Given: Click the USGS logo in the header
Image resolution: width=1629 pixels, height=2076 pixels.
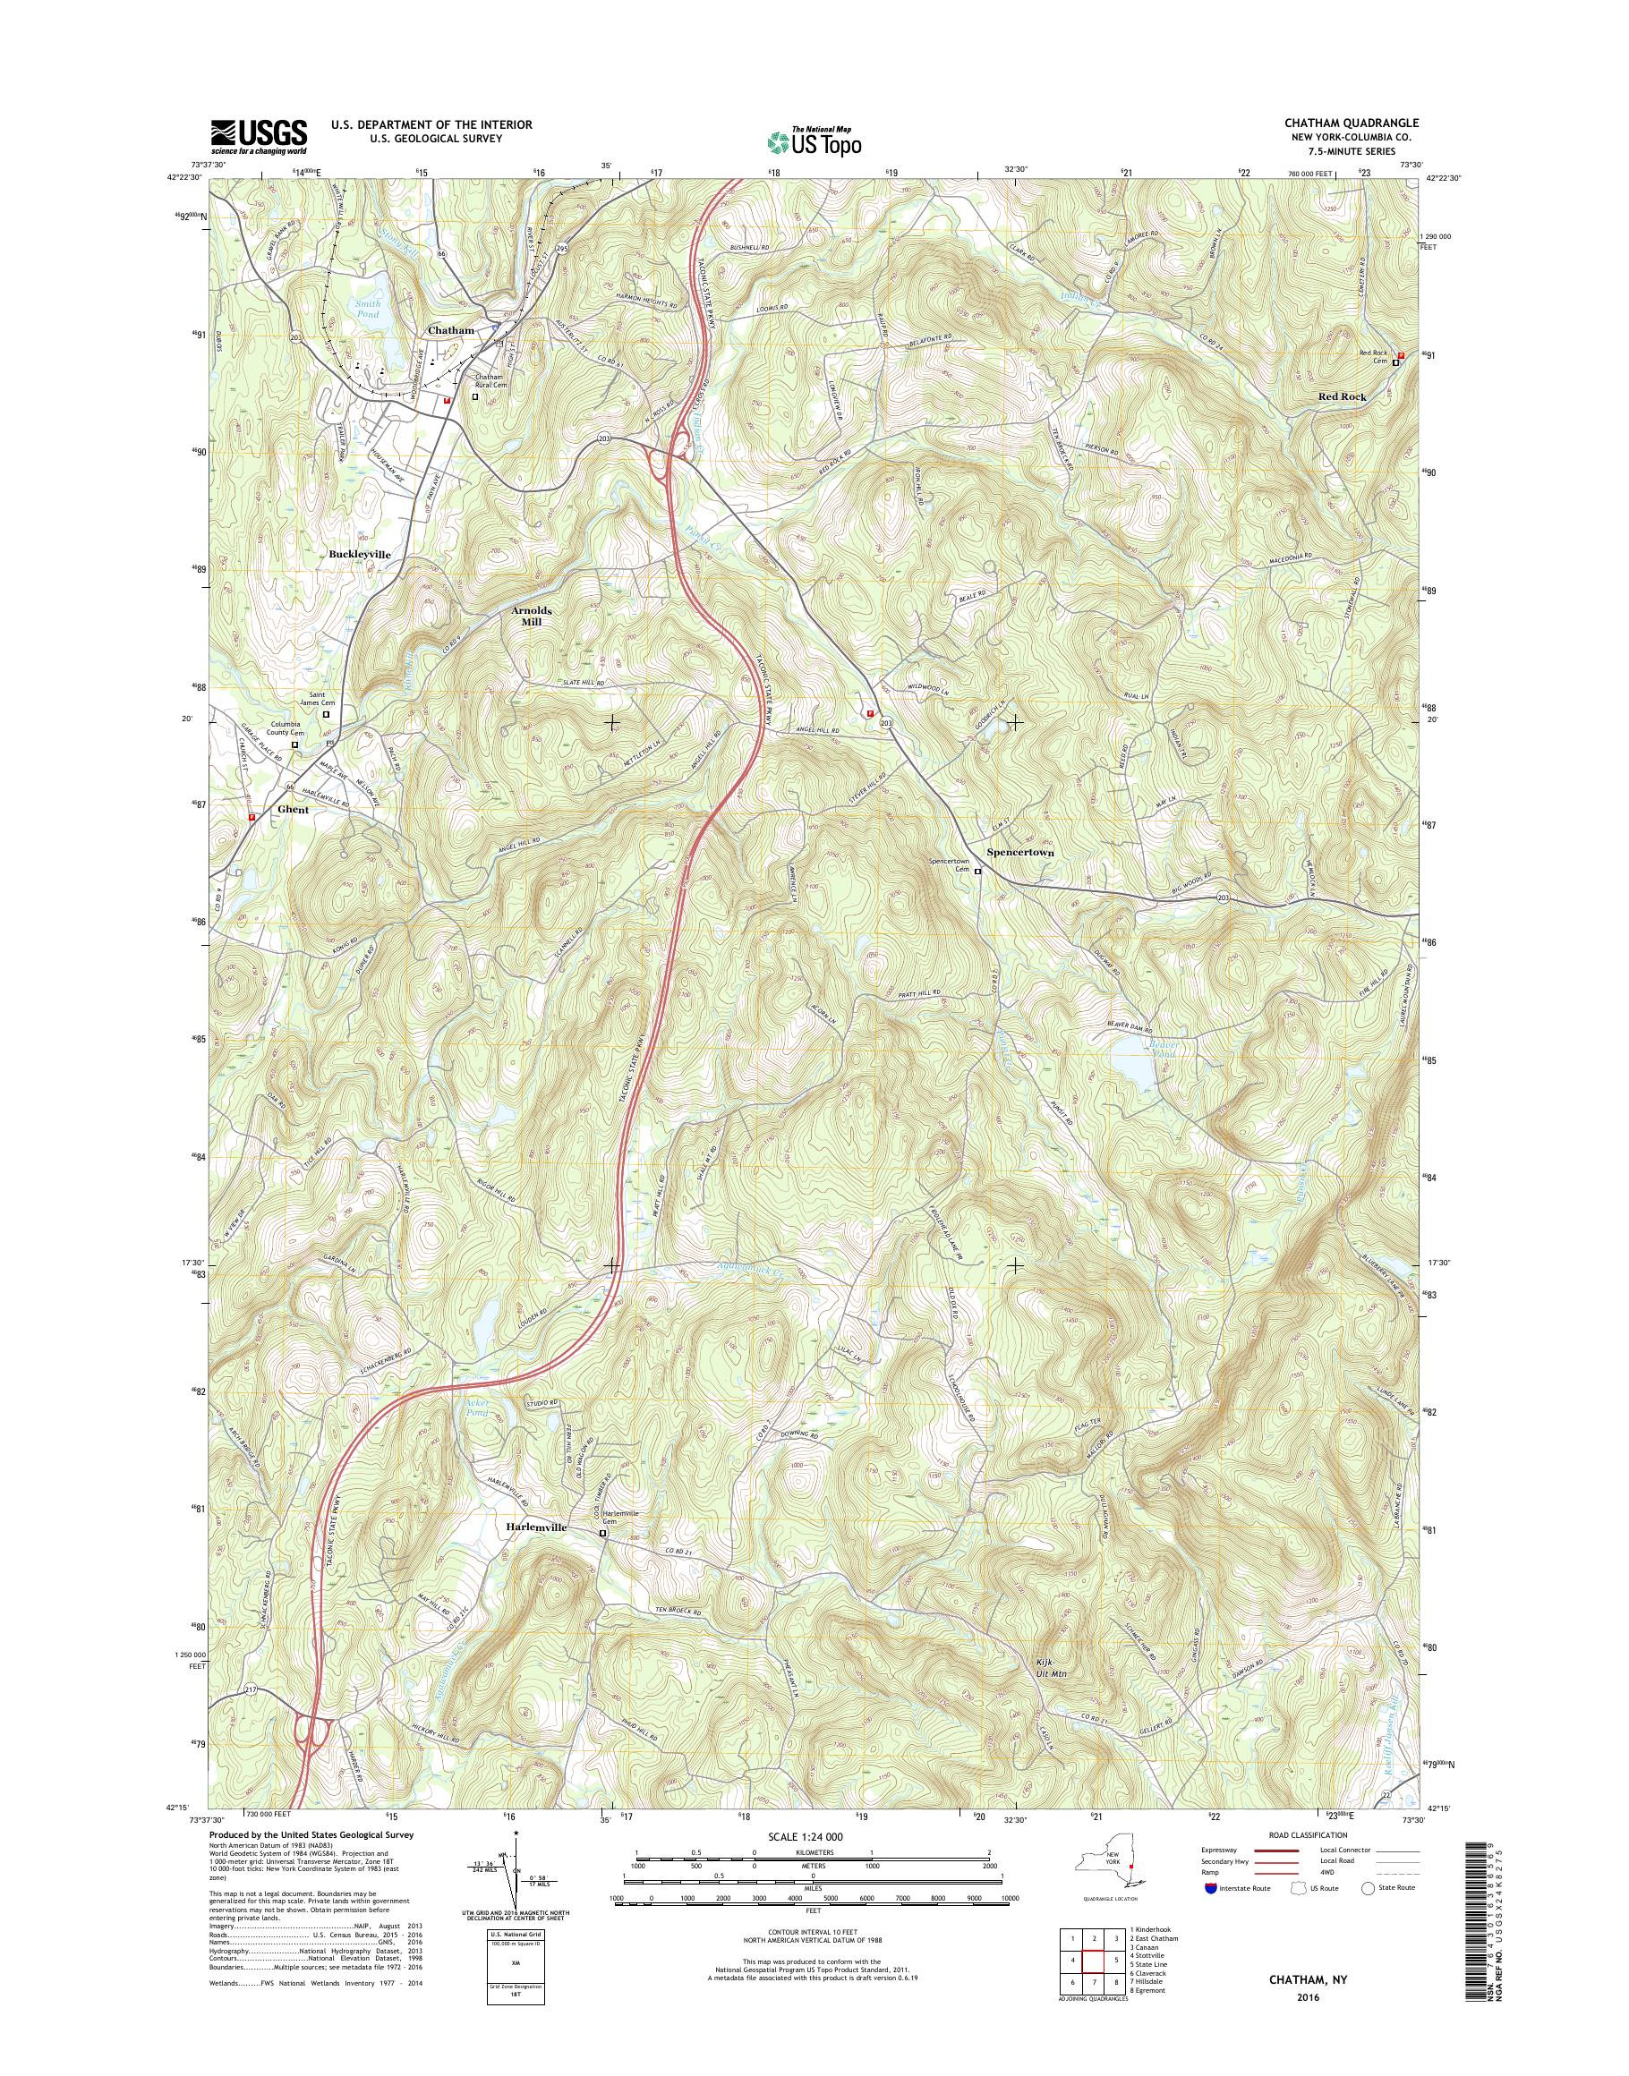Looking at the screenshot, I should click(258, 135).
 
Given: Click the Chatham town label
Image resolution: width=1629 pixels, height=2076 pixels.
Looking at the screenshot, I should click(450, 330).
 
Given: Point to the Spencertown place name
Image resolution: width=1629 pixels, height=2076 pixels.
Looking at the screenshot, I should click(1019, 852).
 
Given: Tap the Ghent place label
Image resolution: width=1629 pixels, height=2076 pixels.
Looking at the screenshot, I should click(293, 810).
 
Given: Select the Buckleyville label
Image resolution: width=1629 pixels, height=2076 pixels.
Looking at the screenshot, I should click(360, 553).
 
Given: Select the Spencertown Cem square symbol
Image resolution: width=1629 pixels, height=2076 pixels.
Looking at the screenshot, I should click(977, 869).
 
